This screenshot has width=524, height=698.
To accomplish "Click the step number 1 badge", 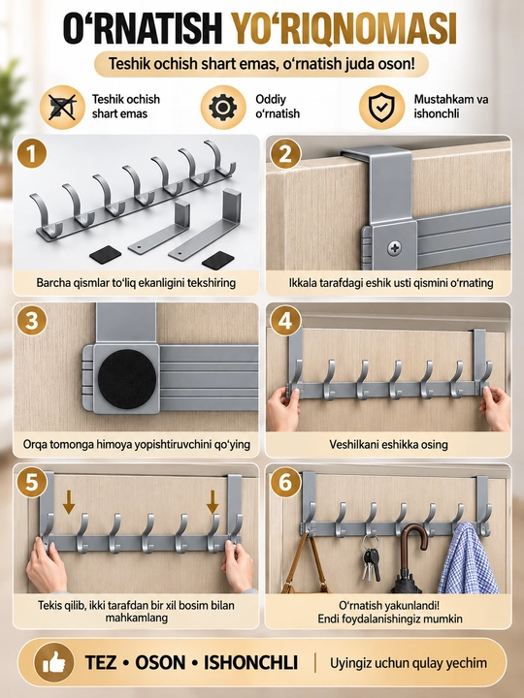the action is (x=32, y=153).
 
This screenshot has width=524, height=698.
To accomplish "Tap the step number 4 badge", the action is (x=285, y=321).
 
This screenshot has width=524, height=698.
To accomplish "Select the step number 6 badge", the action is (x=285, y=483).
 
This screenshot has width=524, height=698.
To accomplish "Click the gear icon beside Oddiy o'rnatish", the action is (x=223, y=108).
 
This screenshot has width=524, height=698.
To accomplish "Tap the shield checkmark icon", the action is (x=381, y=108).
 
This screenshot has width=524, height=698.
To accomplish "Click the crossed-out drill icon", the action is (x=62, y=108).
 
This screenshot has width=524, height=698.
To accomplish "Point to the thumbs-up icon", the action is (x=54, y=663).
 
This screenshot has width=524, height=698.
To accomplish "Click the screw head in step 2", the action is (x=394, y=247).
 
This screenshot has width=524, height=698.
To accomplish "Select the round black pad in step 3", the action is (x=127, y=378).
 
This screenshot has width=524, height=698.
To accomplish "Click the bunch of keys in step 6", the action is (x=371, y=559).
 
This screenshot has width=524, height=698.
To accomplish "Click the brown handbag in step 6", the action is (x=306, y=565).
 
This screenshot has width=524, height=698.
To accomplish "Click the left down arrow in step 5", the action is (x=69, y=502).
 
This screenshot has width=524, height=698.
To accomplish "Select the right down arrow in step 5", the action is (x=213, y=502).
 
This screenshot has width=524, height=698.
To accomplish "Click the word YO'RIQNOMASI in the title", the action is (x=344, y=29).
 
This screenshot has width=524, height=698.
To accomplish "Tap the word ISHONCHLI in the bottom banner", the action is (x=251, y=663).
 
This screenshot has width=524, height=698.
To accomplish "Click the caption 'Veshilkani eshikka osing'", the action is (x=388, y=444).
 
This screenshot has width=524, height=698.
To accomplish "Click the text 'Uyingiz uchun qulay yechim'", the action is (x=409, y=663).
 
